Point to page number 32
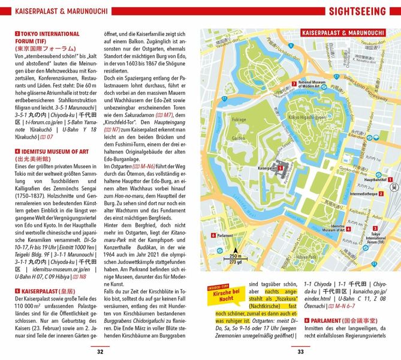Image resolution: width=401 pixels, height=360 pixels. (x=101, y=351)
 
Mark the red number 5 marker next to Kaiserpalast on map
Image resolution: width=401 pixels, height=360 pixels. (x=281, y=169)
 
